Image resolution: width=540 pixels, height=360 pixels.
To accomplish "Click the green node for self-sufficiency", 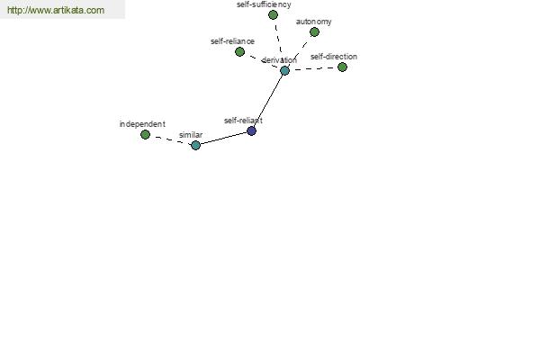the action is point(273,14).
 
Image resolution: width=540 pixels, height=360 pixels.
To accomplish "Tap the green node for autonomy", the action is point(314,32).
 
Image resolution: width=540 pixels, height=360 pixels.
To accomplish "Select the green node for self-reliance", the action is point(240,51).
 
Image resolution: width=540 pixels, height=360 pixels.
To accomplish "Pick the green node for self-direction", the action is point(342,67).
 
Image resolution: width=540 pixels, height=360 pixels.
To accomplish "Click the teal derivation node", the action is point(284,70).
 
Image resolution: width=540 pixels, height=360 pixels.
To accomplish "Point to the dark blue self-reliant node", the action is point(252,130).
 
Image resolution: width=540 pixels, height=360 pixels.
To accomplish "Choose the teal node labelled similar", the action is point(195,145).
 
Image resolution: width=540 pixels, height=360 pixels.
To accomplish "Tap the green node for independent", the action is point(145,134).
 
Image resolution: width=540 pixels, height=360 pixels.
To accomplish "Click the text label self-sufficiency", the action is point(264,4).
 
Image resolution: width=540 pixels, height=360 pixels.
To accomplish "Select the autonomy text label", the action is point(314,22).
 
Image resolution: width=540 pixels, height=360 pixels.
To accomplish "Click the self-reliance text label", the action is point(232,41).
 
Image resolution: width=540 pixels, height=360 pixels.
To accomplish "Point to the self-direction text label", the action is point(334,57).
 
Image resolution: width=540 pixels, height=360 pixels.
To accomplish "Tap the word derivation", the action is point(279,60).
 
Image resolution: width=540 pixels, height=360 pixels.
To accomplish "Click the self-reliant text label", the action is point(243,121).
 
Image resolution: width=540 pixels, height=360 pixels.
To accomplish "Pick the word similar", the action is point(191,135).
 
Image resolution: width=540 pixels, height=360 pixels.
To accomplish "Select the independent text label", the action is point(142,124).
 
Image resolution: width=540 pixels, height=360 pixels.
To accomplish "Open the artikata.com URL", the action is point(56,10).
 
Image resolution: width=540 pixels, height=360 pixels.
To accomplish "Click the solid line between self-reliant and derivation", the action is point(268,101).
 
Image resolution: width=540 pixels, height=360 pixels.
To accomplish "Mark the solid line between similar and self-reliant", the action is point(223,138).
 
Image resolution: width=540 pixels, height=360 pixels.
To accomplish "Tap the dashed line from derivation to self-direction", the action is point(313,68).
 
